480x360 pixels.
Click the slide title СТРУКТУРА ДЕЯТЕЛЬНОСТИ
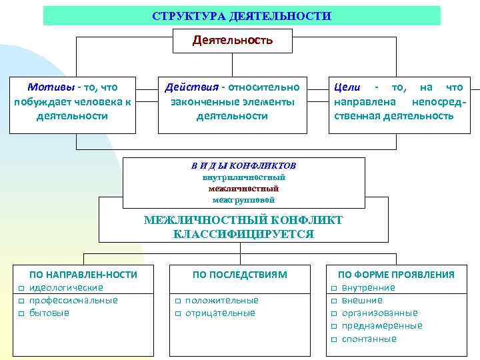tap(241, 15)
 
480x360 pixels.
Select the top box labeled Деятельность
tap(233, 41)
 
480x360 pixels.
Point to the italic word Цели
tap(347, 87)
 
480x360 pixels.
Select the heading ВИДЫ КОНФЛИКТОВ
tap(243, 165)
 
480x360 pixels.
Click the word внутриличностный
tap(243, 177)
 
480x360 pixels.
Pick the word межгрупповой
tap(243, 199)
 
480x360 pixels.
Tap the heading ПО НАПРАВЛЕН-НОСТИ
tap(83, 274)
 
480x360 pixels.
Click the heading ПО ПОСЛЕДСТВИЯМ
tap(240, 274)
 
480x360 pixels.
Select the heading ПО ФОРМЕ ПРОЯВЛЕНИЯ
tap(396, 274)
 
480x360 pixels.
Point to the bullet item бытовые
tap(50, 313)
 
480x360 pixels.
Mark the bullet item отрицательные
tap(220, 313)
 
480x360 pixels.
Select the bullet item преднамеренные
tap(382, 325)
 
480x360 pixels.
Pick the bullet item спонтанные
tap(369, 339)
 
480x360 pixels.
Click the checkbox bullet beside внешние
tap(333, 301)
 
